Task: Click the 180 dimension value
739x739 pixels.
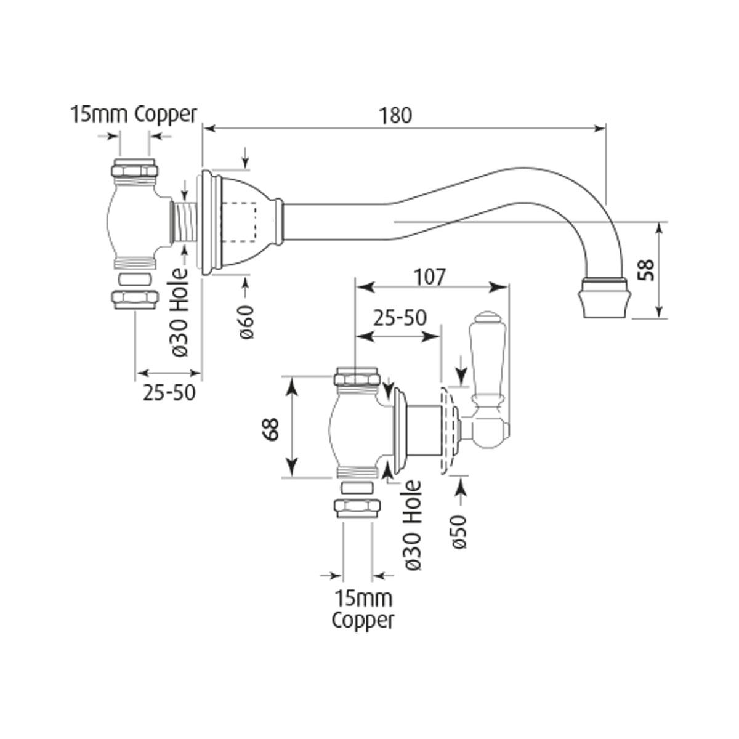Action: coord(395,115)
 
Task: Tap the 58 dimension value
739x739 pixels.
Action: coord(647,269)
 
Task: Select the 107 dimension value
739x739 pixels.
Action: coord(429,277)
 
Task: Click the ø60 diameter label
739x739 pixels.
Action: coord(246,323)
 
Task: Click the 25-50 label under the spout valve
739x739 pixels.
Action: coord(169,392)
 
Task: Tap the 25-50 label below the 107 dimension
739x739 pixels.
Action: coord(400,318)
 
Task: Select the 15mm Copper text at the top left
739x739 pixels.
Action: coord(134,115)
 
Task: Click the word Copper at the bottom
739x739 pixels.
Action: coord(362,620)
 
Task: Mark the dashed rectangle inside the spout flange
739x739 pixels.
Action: coord(238,220)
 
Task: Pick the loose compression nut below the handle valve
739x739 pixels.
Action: coord(356,508)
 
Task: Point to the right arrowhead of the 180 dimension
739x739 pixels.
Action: coord(601,128)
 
